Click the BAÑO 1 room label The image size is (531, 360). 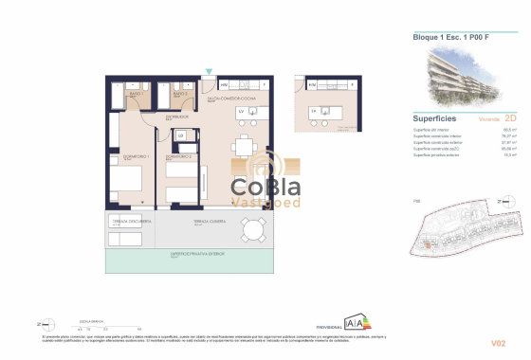coord(136,93)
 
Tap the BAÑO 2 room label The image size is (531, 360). coord(178,93)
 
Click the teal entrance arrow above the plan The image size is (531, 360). coord(210,71)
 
